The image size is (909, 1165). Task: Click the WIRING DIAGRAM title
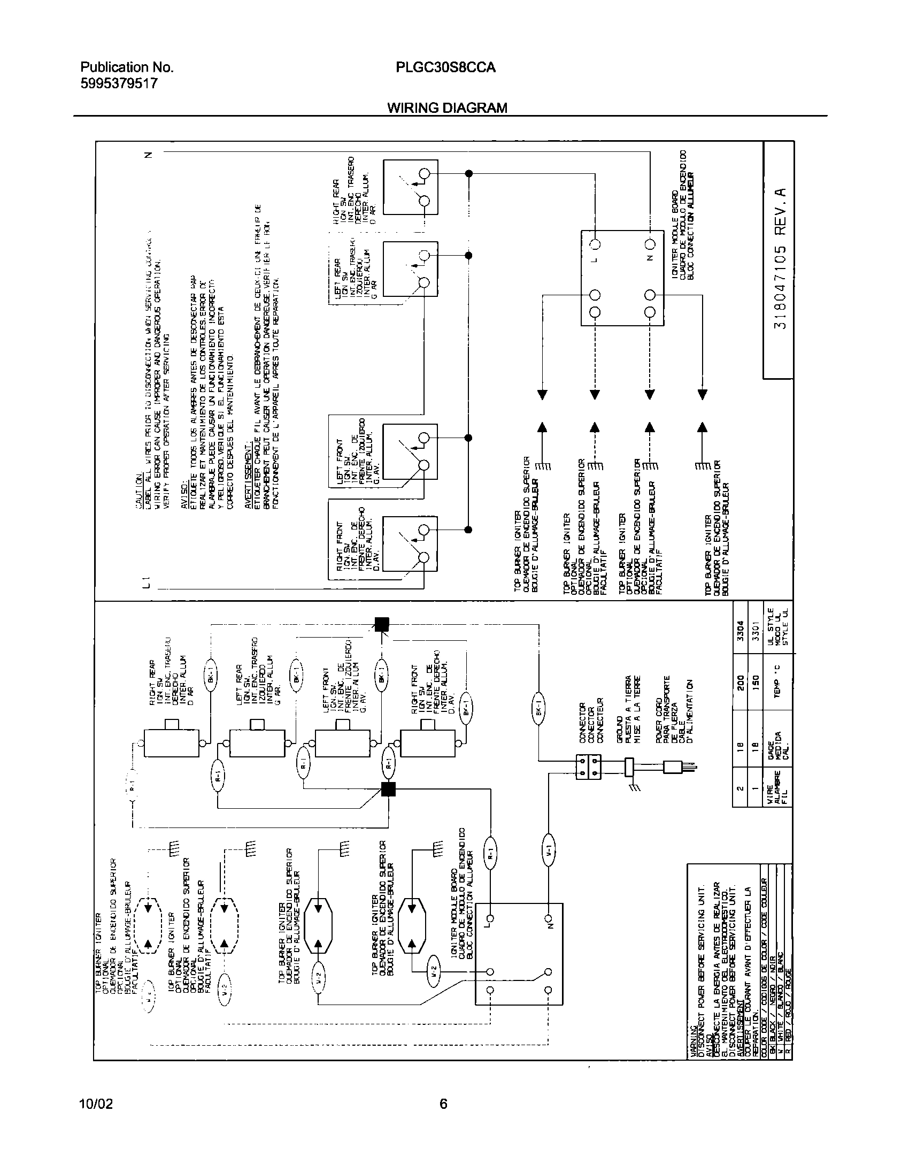point(447,108)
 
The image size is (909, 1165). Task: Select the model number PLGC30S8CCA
point(445,68)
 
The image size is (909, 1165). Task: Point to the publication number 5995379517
point(119,83)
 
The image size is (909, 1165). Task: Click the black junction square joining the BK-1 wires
point(381,624)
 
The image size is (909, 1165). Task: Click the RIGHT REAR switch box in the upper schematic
point(411,187)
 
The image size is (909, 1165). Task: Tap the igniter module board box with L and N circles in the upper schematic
point(622,278)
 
